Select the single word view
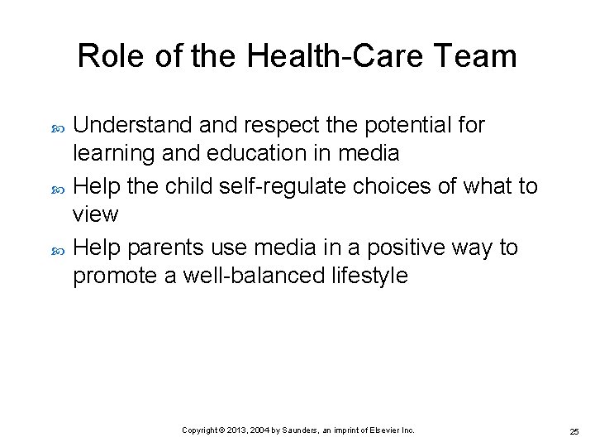pos(96,214)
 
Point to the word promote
pos(117,276)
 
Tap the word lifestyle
pos(367,276)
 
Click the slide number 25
pos(574,431)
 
